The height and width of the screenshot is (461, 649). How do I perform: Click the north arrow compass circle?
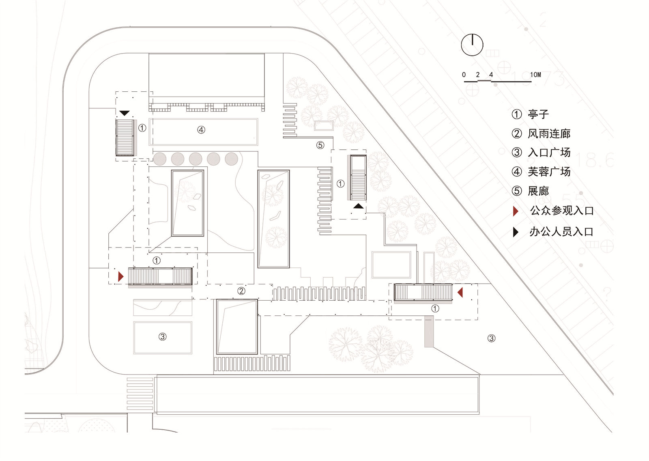click(472, 45)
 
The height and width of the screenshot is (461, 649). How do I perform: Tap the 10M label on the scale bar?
click(535, 75)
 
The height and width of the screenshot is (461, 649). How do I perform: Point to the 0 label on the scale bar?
click(464, 75)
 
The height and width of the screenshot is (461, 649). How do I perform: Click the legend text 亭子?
click(538, 114)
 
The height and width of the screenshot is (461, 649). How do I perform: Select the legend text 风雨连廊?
click(549, 134)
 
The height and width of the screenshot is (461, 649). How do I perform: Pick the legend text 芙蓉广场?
click(549, 172)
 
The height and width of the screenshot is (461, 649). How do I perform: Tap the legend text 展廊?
click(538, 191)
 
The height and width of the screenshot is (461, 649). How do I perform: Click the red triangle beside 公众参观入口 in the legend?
click(515, 211)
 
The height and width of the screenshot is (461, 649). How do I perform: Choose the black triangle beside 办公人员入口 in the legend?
click(515, 232)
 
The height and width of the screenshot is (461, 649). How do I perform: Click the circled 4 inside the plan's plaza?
click(201, 130)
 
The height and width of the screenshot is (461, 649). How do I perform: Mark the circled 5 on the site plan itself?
click(320, 145)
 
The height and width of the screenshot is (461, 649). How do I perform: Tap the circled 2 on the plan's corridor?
click(241, 291)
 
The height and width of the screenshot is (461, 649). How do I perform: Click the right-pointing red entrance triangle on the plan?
click(120, 276)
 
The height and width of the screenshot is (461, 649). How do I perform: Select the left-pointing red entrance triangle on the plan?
click(460, 292)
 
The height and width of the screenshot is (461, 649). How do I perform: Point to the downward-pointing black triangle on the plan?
click(124, 113)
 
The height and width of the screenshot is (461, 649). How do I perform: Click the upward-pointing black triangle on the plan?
click(358, 206)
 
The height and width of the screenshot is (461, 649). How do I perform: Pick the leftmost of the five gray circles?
click(160, 159)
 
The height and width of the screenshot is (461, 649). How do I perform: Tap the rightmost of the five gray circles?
click(231, 159)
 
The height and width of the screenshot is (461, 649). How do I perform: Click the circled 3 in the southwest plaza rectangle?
click(162, 337)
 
